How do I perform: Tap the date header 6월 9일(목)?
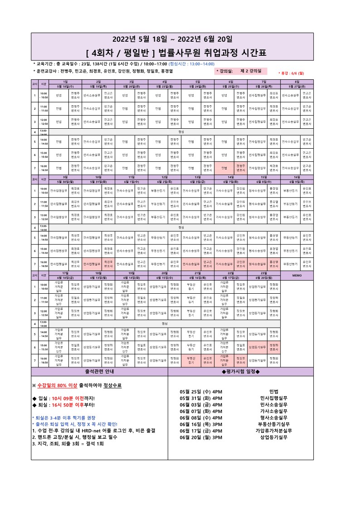pos(297,181)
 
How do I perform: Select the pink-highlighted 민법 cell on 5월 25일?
pos(224,168)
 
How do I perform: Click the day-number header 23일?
pos(264,273)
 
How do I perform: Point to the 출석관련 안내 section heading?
pos(100,372)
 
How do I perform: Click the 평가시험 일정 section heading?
pos(240,372)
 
